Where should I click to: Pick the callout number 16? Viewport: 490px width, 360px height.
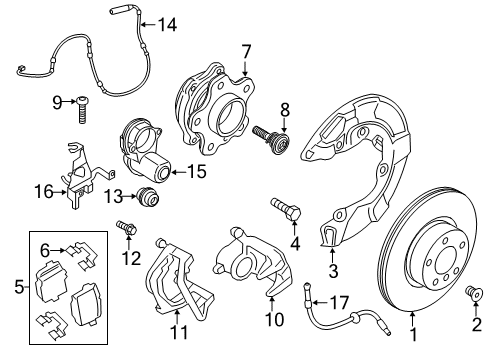[44, 250]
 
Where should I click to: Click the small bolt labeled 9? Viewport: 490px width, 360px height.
[81, 102]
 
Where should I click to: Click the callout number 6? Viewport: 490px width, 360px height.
[44, 250]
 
